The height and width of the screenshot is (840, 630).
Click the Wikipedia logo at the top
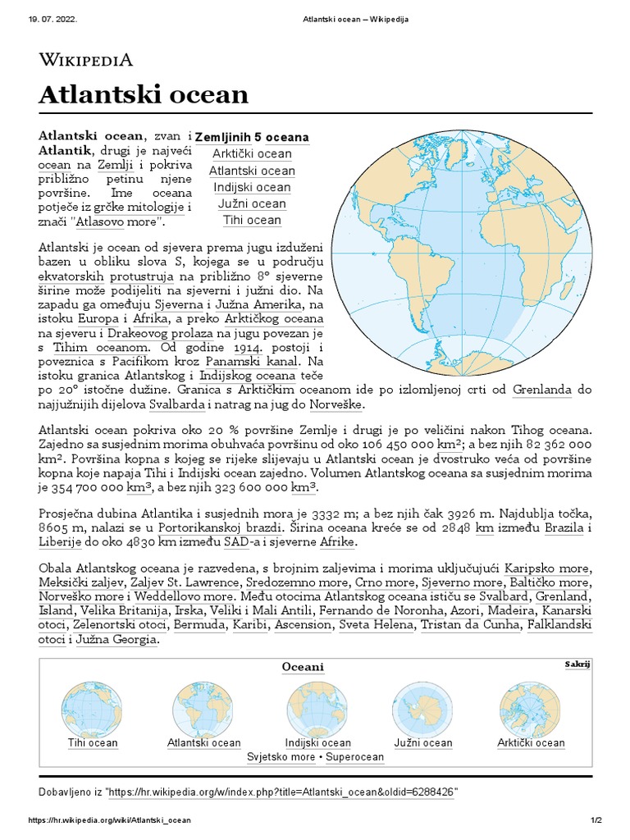tap(85, 60)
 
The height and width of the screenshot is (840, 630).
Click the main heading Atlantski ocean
tap(144, 94)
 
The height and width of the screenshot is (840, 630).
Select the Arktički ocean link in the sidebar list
tap(252, 154)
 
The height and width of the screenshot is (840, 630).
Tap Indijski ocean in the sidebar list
tap(252, 187)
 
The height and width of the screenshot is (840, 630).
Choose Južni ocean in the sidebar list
tap(252, 203)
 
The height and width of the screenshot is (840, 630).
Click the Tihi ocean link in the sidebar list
tap(252, 220)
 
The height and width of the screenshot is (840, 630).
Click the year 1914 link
tap(241, 348)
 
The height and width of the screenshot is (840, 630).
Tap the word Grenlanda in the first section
tap(542, 390)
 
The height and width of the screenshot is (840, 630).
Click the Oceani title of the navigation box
tap(303, 667)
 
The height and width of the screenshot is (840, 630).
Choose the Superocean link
tap(354, 756)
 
